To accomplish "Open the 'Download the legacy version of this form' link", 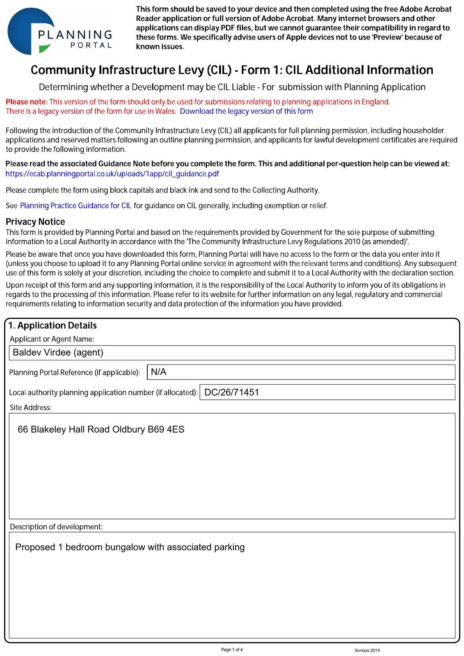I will pos(246,111).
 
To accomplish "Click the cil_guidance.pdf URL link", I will pos(112,174).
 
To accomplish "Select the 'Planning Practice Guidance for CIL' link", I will pos(75,206).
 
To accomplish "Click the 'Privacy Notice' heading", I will pos(35,222).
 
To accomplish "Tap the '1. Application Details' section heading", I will pos(53,326).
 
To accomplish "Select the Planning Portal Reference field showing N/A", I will pos(301,372).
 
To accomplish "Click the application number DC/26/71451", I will pos(232,392).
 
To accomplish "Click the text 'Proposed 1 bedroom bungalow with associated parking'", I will pos(130,547).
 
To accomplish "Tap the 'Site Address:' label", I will pos(30,408).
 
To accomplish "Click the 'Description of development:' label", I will pos(56,526).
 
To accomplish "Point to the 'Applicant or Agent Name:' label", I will pos(52,339).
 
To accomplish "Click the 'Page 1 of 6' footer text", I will pos(232,649).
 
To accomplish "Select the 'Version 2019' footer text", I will pos(367,650).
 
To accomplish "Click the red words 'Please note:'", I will pos(27,102).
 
